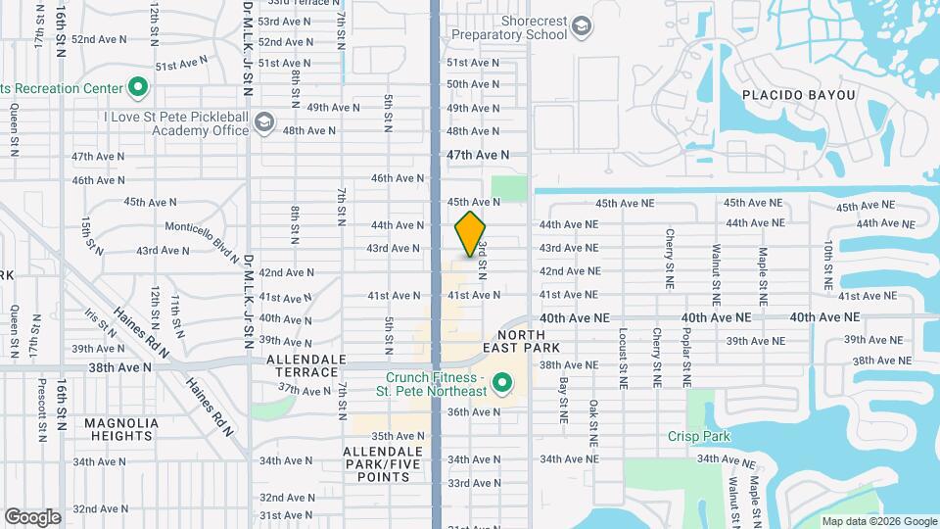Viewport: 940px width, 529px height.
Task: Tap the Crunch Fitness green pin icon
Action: tap(502, 382)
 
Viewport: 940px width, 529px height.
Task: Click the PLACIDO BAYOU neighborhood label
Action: tap(798, 95)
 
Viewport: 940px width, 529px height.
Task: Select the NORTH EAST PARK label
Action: tap(522, 340)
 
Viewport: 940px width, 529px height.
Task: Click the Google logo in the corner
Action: tap(32, 516)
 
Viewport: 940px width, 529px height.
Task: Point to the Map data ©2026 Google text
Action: tap(878, 521)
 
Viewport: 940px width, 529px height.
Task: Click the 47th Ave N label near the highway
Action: tap(478, 155)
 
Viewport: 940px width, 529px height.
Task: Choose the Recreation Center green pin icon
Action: tap(138, 88)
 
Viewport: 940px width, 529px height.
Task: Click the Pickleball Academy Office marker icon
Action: tap(262, 122)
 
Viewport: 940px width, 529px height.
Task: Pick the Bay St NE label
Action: tap(564, 401)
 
